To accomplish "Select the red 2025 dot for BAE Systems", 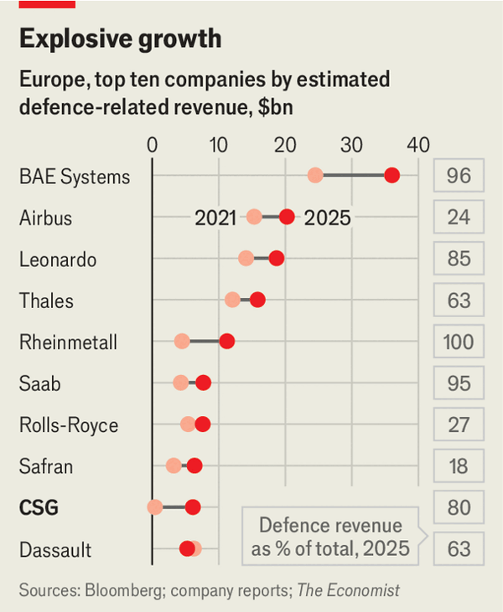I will pyautogui.click(x=391, y=175).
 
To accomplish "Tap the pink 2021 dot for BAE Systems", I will pyautogui.click(x=315, y=175).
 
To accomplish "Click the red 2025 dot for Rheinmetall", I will pyautogui.click(x=226, y=342).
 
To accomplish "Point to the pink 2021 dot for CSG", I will pyautogui.click(x=155, y=507).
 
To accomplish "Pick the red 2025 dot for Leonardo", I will pyautogui.click(x=276, y=259).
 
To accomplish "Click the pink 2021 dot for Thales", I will pyautogui.click(x=232, y=300).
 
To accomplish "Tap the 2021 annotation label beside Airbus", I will pyautogui.click(x=215, y=219).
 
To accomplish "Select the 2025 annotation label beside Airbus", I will pyautogui.click(x=327, y=219).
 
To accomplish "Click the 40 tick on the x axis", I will pyautogui.click(x=417, y=143).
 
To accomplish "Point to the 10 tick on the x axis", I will pyautogui.click(x=218, y=143).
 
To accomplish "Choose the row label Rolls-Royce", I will pyautogui.click(x=69, y=425).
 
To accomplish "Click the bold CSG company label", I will pyautogui.click(x=39, y=507).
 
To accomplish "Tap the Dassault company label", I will pyautogui.click(x=55, y=550).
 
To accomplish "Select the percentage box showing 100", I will pyautogui.click(x=459, y=342).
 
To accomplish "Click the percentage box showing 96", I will pyautogui.click(x=459, y=176).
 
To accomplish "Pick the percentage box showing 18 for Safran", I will pyautogui.click(x=459, y=466).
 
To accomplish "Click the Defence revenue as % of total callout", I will pyautogui.click(x=330, y=537).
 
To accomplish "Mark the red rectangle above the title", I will pyautogui.click(x=47, y=4).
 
